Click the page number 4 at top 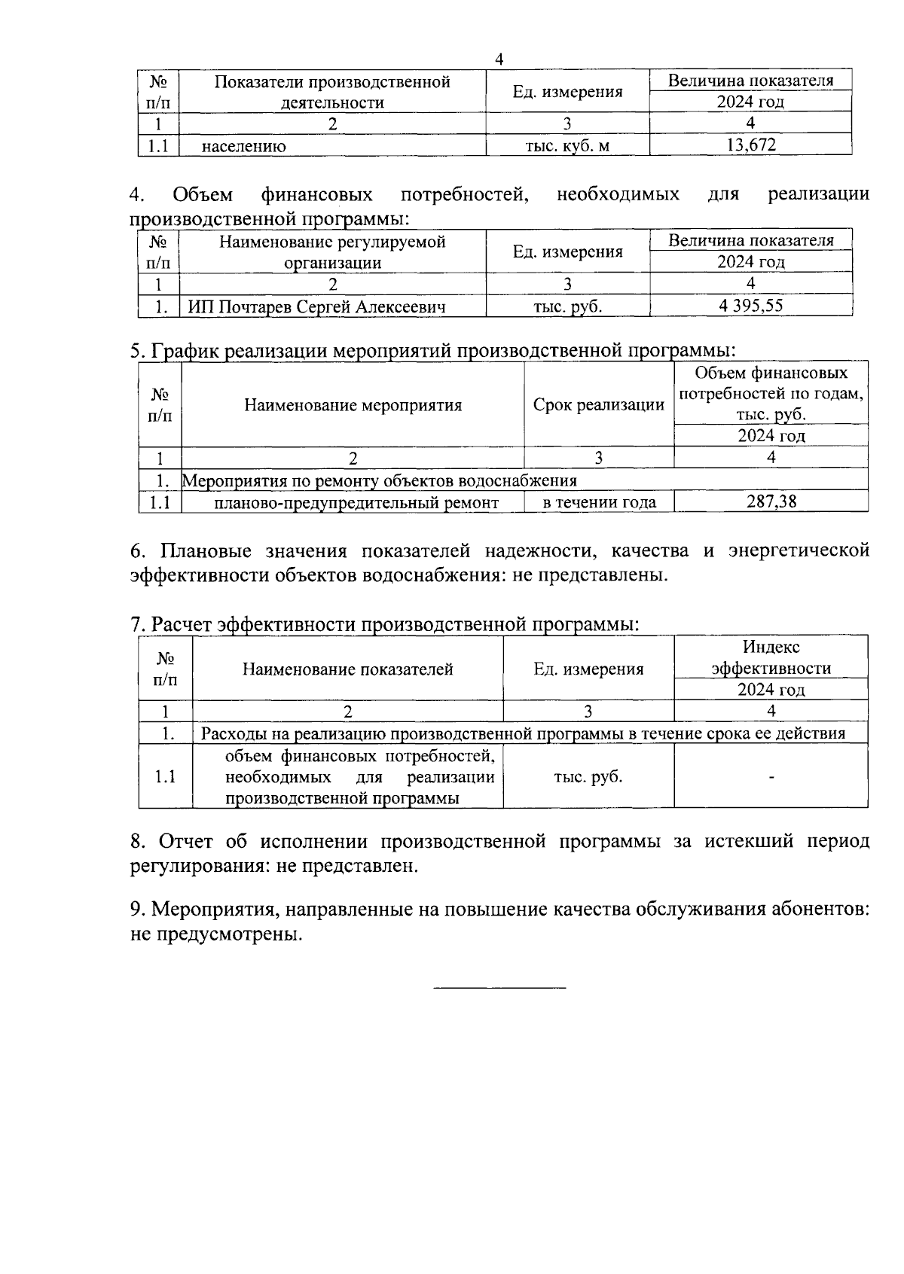(499, 59)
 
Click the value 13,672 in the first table (750, 145)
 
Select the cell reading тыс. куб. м (567, 145)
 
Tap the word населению (243, 146)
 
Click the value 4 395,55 (750, 306)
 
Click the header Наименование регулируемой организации (332, 251)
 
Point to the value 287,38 (771, 501)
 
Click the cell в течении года (599, 502)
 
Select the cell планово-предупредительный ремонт (356, 502)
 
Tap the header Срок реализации (599, 405)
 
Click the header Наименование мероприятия (353, 405)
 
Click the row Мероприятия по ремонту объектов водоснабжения (380, 480)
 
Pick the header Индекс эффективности (771, 657)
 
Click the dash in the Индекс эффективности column (771, 777)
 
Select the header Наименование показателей (347, 669)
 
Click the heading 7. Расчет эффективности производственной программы (384, 624)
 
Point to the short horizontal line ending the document (499, 986)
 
